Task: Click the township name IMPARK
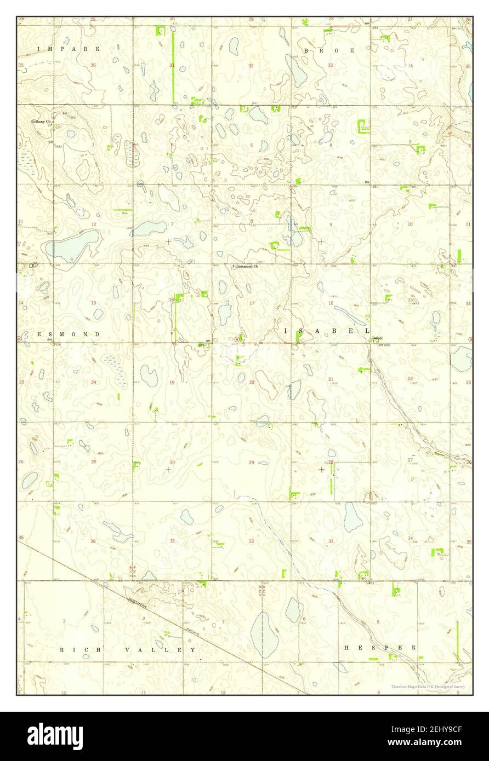[x=69, y=49]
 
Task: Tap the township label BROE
[x=329, y=50]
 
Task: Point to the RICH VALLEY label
[x=128, y=649]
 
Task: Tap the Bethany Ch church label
[x=41, y=122]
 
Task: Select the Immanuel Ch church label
[x=247, y=267]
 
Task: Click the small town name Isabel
[x=377, y=338]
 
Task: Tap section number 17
[x=252, y=303]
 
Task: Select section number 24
[x=94, y=382]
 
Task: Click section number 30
[x=172, y=462]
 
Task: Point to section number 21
[x=331, y=379]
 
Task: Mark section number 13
[x=94, y=303]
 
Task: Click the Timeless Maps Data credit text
[x=428, y=686]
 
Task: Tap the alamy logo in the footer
[x=55, y=736]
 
